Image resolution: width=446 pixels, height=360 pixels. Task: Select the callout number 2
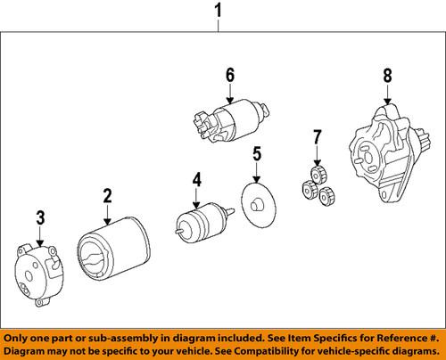coord(107,196)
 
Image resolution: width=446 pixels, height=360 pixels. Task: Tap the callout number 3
coord(38,216)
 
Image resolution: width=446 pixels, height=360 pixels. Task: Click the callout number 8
coord(387,77)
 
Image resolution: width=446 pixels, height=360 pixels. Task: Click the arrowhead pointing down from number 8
coord(387,101)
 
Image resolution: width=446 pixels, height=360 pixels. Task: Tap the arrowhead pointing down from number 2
coord(107,220)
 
